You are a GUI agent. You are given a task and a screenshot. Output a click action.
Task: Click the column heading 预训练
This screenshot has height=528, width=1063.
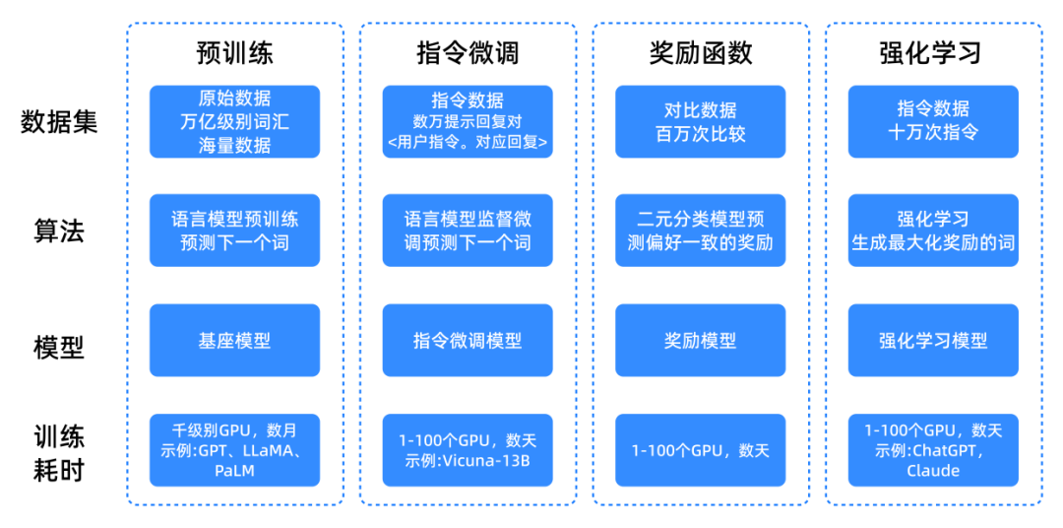pyautogui.click(x=234, y=53)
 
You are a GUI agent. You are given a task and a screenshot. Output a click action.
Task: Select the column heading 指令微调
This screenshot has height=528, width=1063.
pyautogui.click(x=468, y=53)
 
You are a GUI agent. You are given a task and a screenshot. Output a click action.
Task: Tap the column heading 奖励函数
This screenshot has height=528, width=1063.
pyautogui.click(x=701, y=53)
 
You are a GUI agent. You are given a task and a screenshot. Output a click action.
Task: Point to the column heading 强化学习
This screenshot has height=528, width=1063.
pyautogui.click(x=933, y=53)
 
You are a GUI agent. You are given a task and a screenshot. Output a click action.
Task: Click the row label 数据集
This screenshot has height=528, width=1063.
pyautogui.click(x=59, y=122)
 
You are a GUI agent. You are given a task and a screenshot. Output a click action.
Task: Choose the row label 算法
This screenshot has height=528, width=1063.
pyautogui.click(x=59, y=232)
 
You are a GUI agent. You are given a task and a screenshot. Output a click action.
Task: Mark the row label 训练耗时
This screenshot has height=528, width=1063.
pyautogui.click(x=59, y=450)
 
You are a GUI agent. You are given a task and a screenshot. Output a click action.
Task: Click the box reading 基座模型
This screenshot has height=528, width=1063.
pyautogui.click(x=234, y=340)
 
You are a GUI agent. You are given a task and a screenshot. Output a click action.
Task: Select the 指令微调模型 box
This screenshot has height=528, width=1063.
pyautogui.click(x=468, y=340)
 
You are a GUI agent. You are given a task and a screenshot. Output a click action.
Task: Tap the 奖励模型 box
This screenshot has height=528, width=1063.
pyautogui.click(x=701, y=340)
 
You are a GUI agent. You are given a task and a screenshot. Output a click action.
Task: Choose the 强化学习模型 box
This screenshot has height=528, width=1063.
pyautogui.click(x=933, y=340)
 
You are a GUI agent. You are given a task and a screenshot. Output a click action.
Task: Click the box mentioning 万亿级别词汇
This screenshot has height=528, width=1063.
pyautogui.click(x=234, y=121)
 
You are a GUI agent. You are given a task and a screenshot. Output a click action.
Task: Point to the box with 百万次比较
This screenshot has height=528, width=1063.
pyautogui.click(x=701, y=121)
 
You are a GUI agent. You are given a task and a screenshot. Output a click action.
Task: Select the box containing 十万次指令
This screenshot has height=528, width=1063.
pyautogui.click(x=933, y=121)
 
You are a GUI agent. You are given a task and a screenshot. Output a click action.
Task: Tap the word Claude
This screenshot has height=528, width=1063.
pyautogui.click(x=933, y=470)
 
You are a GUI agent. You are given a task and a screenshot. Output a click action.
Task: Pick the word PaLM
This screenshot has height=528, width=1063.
pyautogui.click(x=234, y=471)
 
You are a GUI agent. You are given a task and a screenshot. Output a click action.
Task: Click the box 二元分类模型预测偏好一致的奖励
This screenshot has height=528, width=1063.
pyautogui.click(x=701, y=231)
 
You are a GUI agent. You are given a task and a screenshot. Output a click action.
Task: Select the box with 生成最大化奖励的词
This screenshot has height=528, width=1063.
pyautogui.click(x=933, y=231)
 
